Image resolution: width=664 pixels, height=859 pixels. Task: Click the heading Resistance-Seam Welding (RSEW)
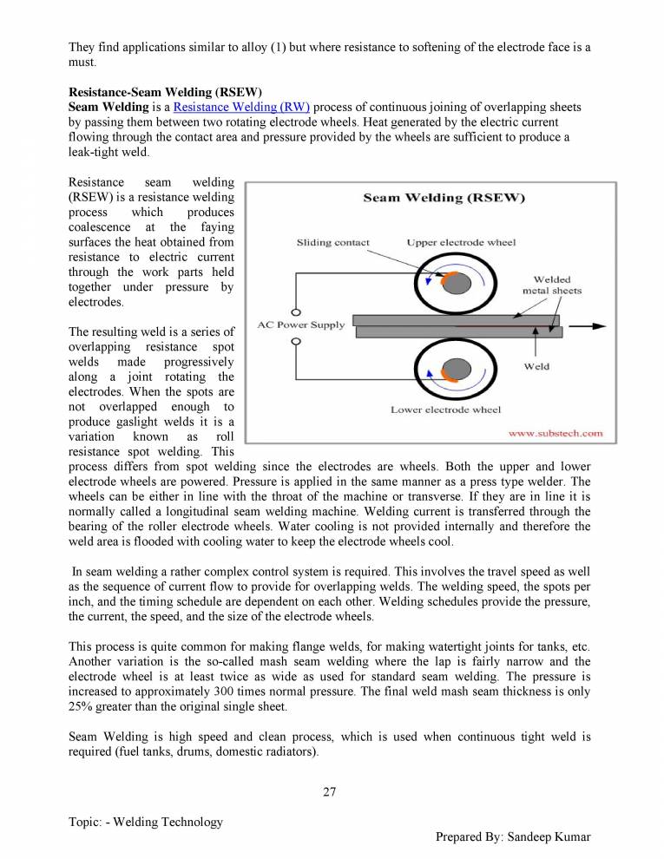tap(165, 92)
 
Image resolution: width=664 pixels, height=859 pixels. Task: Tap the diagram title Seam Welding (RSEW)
tap(444, 198)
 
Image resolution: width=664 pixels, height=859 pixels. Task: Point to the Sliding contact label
tap(332, 243)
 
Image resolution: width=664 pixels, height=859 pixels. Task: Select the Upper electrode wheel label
tap(461, 243)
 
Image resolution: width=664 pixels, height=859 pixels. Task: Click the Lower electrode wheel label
tap(445, 409)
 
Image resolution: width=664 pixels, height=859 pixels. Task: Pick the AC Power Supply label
tap(301, 325)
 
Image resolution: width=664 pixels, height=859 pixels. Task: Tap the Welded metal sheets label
tap(551, 285)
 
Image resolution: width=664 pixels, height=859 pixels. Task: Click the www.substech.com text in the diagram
tap(555, 432)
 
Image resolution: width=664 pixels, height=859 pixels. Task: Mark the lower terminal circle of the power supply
tap(296, 342)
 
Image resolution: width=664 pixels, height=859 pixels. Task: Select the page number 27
tap(329, 790)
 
